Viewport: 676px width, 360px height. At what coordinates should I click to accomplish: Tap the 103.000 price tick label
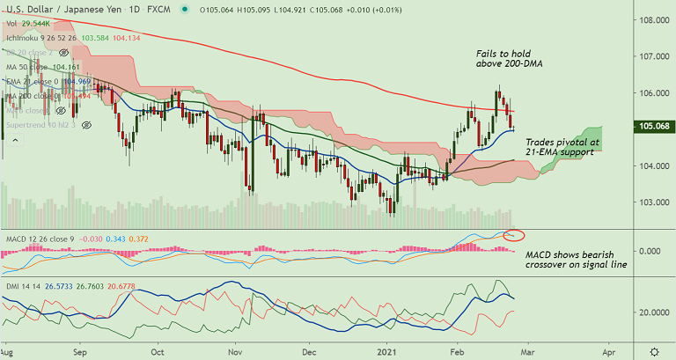click(x=653, y=202)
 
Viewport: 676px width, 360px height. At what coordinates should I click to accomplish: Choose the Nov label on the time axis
click(x=235, y=349)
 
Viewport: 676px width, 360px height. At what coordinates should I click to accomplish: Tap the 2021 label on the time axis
click(x=391, y=349)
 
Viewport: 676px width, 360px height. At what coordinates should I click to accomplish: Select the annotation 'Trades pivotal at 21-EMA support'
click(x=562, y=147)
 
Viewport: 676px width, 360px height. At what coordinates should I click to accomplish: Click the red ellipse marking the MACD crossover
click(x=512, y=235)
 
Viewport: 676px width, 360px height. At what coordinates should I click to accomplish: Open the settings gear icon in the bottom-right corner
click(x=653, y=349)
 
